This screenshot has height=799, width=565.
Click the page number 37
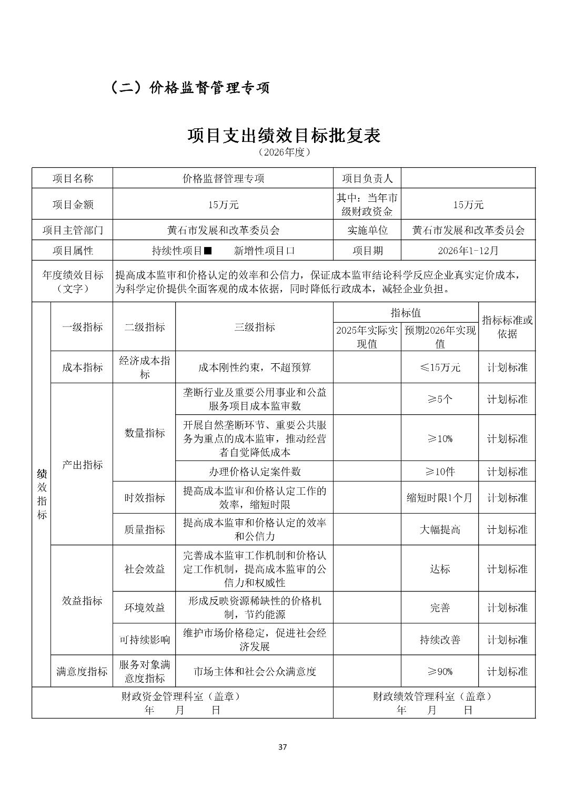coord(282,747)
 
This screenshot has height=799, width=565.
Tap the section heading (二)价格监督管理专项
coord(190,87)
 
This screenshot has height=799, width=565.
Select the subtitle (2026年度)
coord(285,152)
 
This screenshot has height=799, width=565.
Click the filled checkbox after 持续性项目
coord(208,251)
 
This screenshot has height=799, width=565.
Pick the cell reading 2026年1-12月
coord(468,251)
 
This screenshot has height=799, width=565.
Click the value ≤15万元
coord(440,367)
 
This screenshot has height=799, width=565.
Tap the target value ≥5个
coord(440,399)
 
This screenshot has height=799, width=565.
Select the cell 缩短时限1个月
coord(440,497)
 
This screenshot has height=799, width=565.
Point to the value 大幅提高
coord(440,529)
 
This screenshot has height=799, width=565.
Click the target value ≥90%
coord(440,671)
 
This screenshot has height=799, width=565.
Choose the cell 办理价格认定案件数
coord(255,472)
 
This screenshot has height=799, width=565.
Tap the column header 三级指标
coord(255,327)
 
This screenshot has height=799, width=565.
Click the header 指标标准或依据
coord(507,327)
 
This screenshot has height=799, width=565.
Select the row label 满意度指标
coord(82,671)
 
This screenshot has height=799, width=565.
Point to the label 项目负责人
coord(367,178)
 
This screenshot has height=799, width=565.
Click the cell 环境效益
coord(145,608)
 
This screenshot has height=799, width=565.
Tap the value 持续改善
coord(440,640)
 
